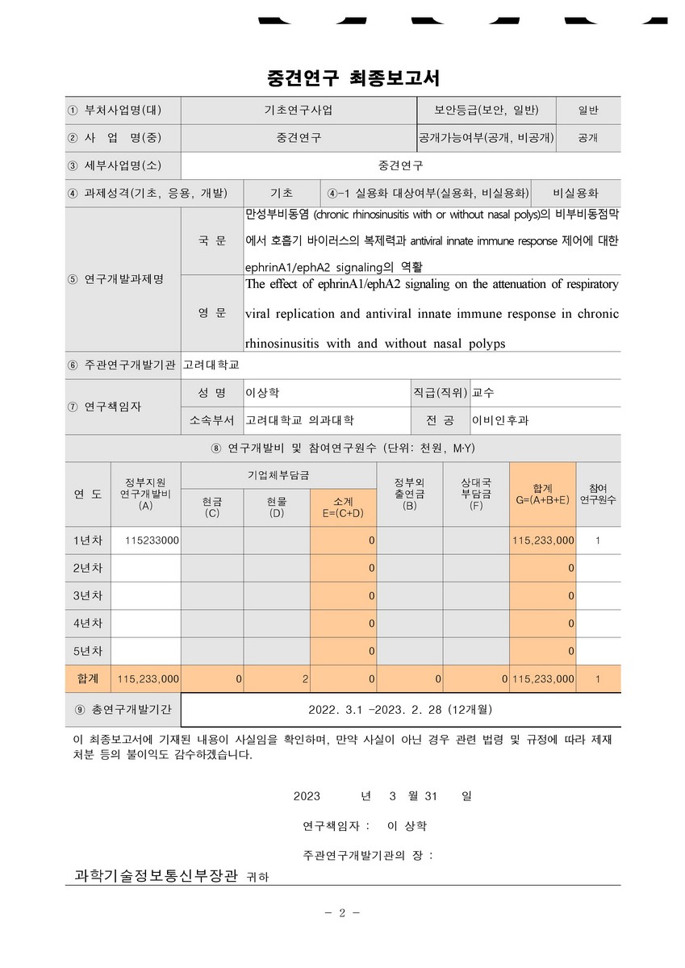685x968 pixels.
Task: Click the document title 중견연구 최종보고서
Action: pyautogui.click(x=342, y=78)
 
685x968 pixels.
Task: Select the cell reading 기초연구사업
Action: pyautogui.click(x=299, y=110)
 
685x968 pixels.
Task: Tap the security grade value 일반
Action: pyautogui.click(x=588, y=111)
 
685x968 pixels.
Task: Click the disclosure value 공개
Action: pyautogui.click(x=588, y=138)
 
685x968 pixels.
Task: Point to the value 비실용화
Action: pyautogui.click(x=576, y=193)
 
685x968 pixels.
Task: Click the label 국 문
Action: pyautogui.click(x=212, y=241)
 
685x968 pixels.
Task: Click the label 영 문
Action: pyautogui.click(x=212, y=313)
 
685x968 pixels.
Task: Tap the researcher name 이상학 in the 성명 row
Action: pyautogui.click(x=263, y=393)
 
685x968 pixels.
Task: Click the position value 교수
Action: pyautogui.click(x=483, y=393)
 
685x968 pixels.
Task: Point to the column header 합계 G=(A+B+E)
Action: pyautogui.click(x=542, y=494)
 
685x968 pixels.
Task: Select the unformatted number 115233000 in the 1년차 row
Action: pyautogui.click(x=152, y=540)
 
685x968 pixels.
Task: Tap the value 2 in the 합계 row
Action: pyautogui.click(x=305, y=679)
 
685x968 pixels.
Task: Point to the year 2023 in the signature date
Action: pyautogui.click(x=307, y=795)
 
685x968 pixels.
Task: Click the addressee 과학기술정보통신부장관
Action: pyautogui.click(x=157, y=874)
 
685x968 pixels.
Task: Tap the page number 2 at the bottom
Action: pyautogui.click(x=342, y=912)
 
